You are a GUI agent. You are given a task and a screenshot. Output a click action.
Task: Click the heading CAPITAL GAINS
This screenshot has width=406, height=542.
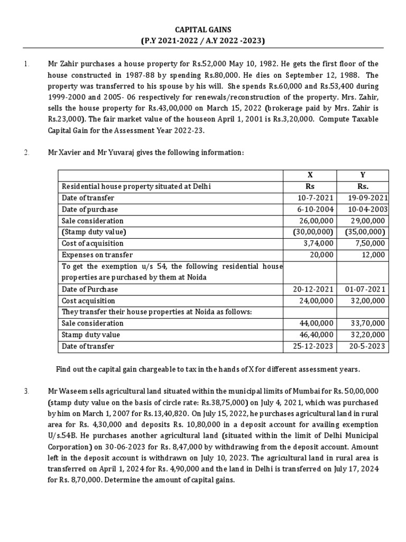point(203,30)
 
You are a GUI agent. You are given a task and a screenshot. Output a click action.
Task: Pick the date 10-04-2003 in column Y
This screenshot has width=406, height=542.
point(368,209)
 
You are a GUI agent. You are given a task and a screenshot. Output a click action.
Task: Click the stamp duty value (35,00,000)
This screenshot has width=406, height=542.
point(365,232)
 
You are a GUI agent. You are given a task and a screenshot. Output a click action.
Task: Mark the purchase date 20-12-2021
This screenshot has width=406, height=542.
point(313,290)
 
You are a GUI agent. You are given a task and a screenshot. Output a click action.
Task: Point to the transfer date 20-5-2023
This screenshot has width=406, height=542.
point(368,346)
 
